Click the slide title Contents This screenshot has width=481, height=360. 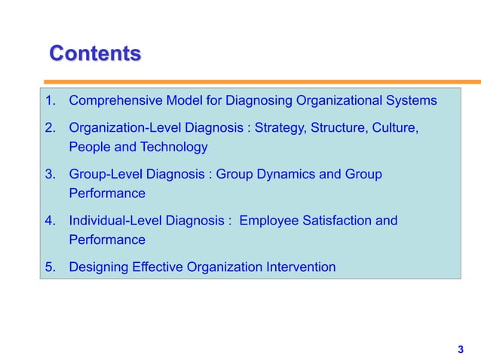[94, 54]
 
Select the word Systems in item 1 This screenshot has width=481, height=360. [412, 100]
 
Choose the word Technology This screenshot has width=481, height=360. [175, 147]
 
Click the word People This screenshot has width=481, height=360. [89, 147]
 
